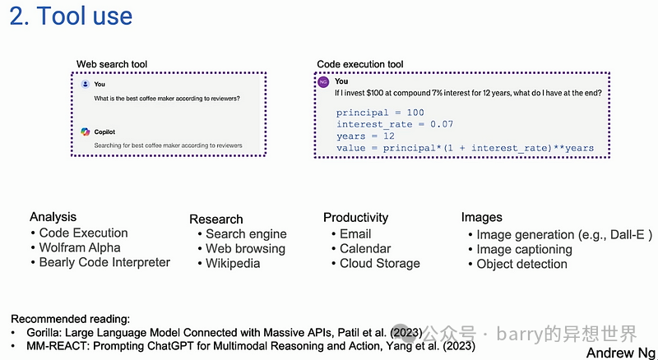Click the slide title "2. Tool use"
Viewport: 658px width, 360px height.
[x=71, y=16]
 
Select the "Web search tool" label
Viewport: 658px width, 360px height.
[x=112, y=64]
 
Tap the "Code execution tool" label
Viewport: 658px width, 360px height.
[x=360, y=64]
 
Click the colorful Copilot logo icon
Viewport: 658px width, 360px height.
[x=86, y=132]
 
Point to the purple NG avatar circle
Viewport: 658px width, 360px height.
[x=323, y=82]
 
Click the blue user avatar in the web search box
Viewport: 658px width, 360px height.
[x=86, y=84]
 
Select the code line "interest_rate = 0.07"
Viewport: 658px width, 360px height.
[x=395, y=124]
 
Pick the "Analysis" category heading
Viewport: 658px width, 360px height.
[x=53, y=217]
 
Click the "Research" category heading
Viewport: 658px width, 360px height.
[x=216, y=219]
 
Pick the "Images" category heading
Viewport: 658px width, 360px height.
[x=482, y=217]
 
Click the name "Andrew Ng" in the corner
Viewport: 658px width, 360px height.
[x=621, y=353]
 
